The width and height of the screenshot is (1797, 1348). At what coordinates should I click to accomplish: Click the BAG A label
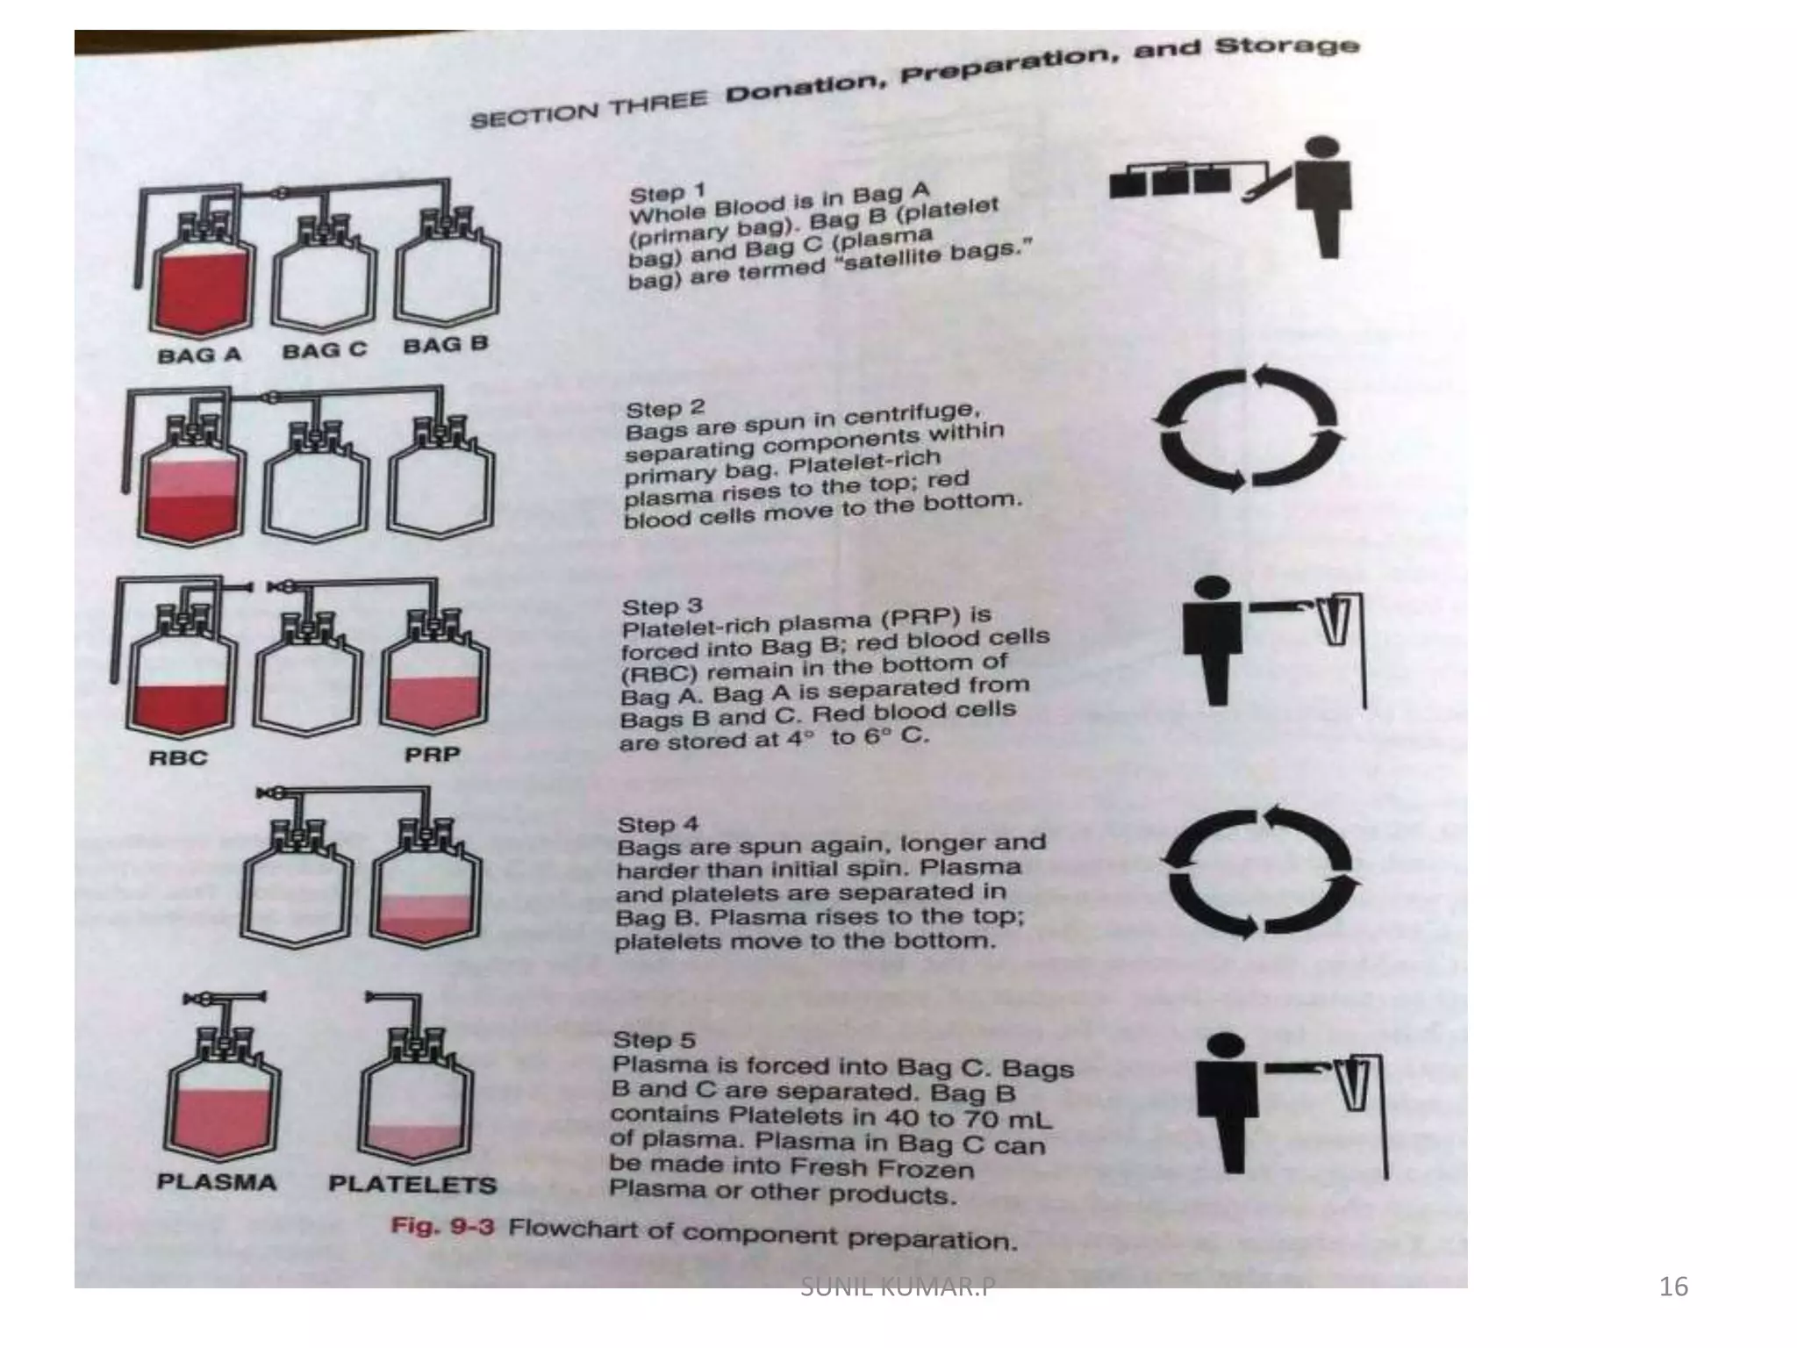[199, 355]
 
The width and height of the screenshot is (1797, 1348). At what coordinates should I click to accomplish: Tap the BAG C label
[324, 350]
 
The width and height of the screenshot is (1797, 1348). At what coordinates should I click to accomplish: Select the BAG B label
[445, 344]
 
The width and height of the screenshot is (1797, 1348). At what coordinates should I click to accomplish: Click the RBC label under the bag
[178, 757]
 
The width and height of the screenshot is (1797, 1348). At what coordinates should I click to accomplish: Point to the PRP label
[432, 755]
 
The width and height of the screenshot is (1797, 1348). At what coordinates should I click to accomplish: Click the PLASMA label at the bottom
[217, 1182]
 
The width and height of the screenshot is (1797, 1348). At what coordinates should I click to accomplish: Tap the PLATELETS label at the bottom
[412, 1185]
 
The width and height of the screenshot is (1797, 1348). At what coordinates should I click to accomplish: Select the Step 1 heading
[668, 192]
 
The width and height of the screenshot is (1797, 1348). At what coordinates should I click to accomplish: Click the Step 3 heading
[662, 606]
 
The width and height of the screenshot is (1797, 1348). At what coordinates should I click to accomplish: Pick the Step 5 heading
[654, 1040]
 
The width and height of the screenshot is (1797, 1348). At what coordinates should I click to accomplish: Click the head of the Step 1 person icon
[1322, 148]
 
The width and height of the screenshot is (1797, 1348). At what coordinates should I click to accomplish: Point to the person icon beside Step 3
[1215, 641]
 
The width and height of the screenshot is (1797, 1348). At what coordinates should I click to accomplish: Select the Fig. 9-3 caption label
[442, 1226]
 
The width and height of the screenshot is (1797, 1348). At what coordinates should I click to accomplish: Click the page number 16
[1673, 1287]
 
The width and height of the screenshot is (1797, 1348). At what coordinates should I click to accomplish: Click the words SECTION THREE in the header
[588, 109]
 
